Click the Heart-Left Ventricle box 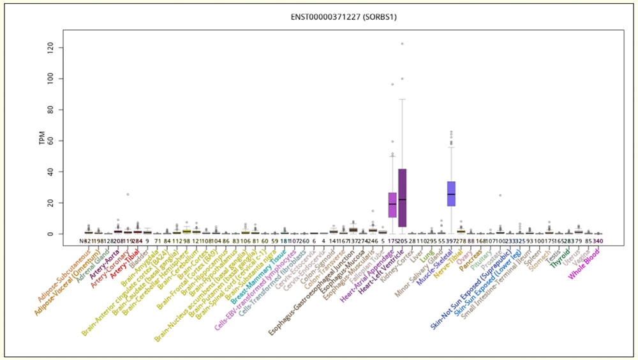(402, 198)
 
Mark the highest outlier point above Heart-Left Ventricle (402, 44)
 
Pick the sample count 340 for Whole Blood (598, 241)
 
